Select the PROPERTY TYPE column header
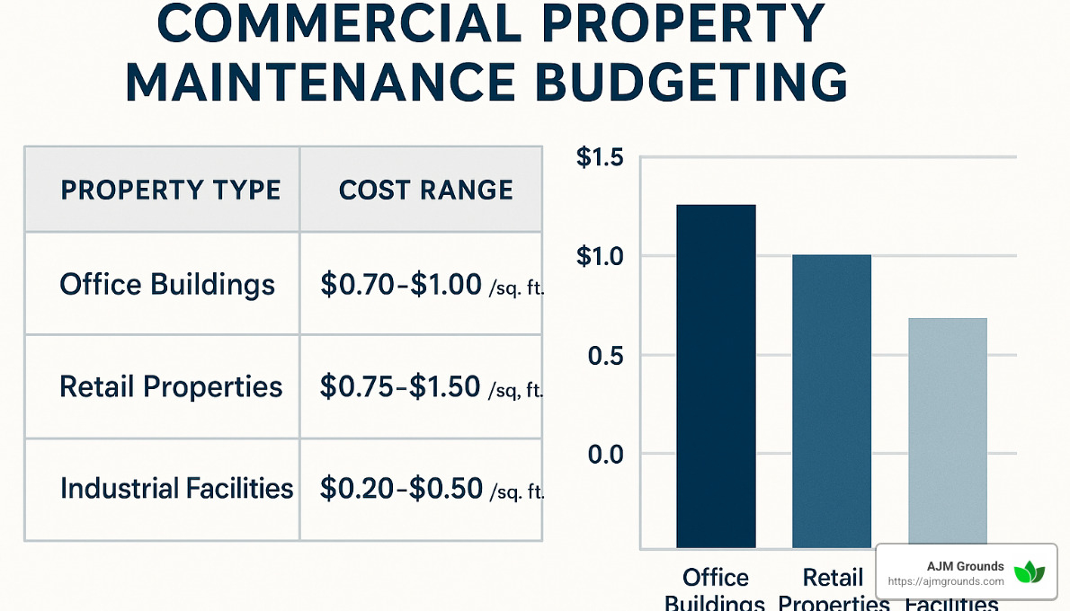[x=170, y=190]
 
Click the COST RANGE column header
[x=425, y=190]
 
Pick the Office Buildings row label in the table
[x=167, y=285]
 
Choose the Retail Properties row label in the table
[x=171, y=386]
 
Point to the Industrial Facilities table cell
[x=176, y=489]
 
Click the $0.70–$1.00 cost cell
[x=401, y=286]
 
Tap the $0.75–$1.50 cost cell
[x=401, y=387]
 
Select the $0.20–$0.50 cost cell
[x=401, y=490]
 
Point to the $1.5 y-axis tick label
[x=599, y=158]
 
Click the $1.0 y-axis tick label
[x=599, y=257]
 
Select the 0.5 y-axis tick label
[x=605, y=356]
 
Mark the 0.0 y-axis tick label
[x=605, y=455]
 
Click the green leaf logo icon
[x=1030, y=572]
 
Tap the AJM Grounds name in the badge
[x=965, y=566]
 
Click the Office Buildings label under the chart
[x=716, y=589]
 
